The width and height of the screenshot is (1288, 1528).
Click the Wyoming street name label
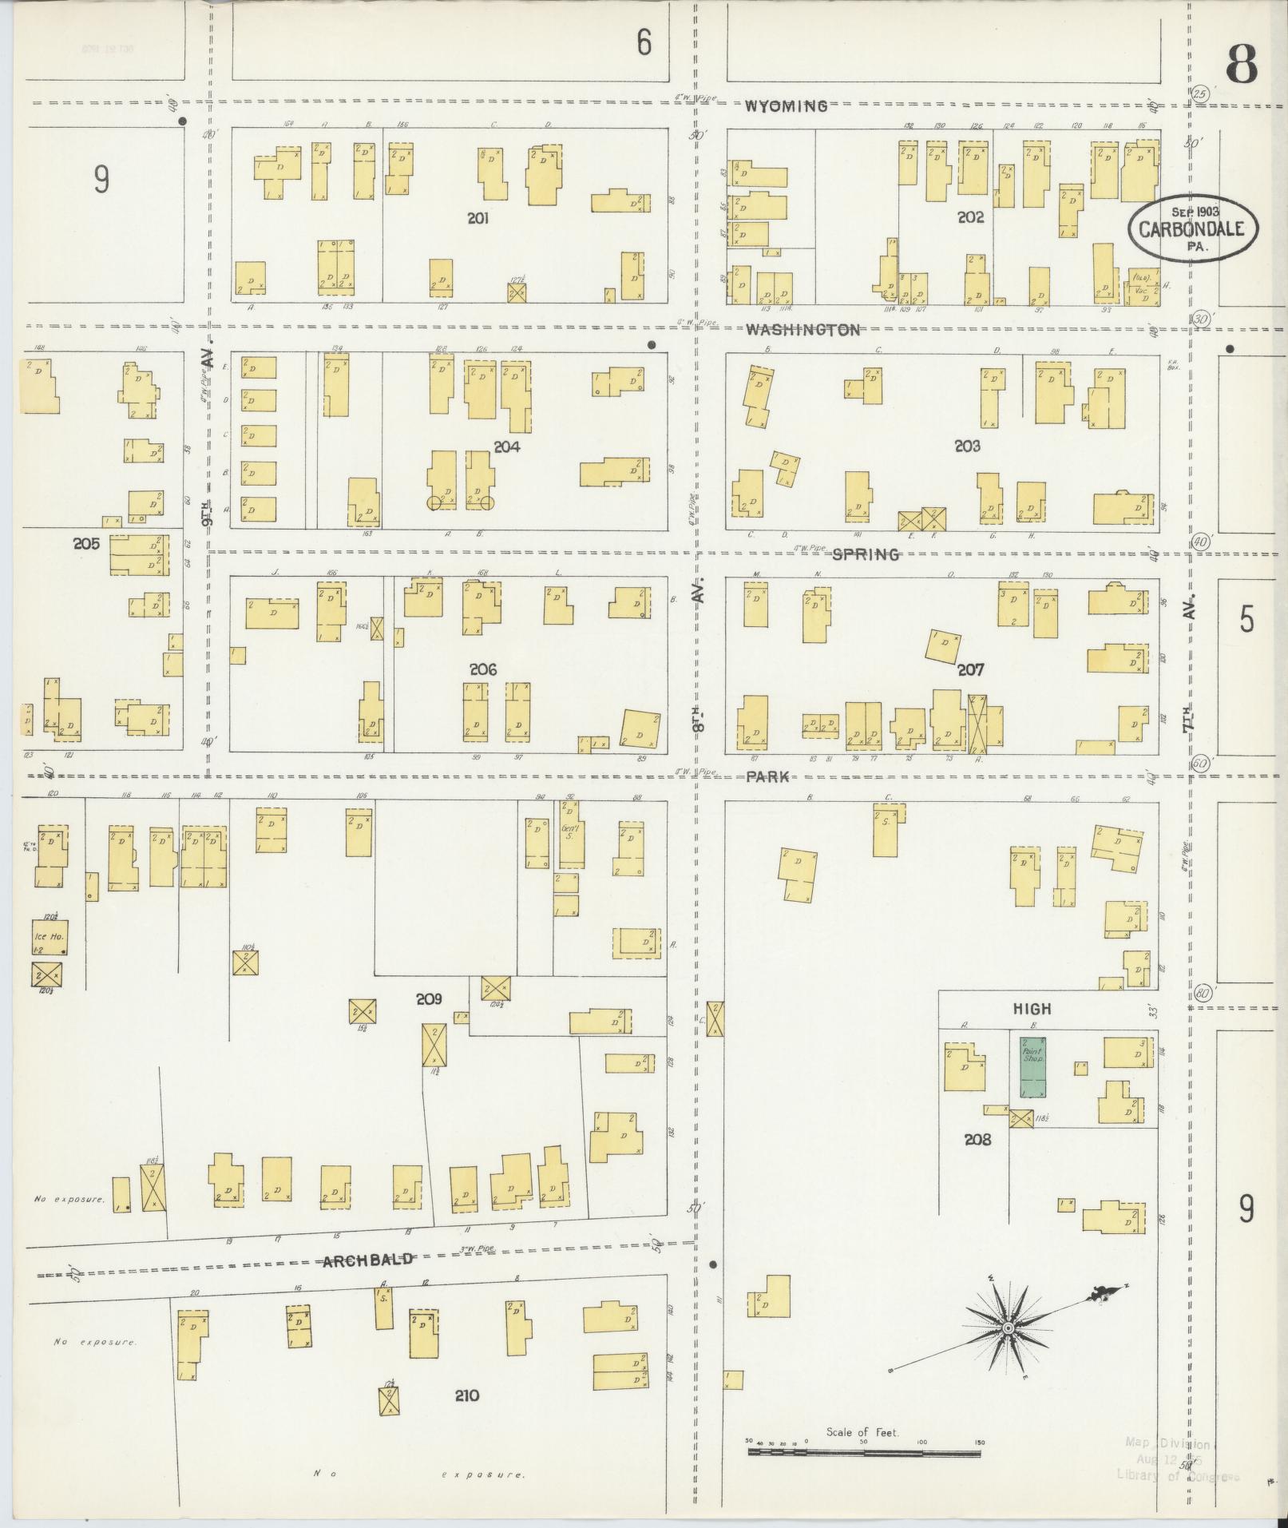pyautogui.click(x=786, y=106)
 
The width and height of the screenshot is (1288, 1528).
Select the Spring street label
pyautogui.click(x=866, y=554)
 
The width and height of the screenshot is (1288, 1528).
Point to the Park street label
pyautogui.click(x=767, y=776)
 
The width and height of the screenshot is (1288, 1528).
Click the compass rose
pyautogui.click(x=1009, y=1328)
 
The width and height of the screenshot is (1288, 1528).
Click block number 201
pyautogui.click(x=478, y=218)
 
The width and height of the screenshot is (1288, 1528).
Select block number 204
pyautogui.click(x=506, y=446)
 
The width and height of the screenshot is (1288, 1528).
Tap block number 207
pyautogui.click(x=970, y=669)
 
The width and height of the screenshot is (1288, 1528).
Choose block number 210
pyautogui.click(x=466, y=1395)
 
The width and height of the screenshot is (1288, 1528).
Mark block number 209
pyautogui.click(x=429, y=998)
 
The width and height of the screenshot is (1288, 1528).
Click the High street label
pyautogui.click(x=1032, y=1009)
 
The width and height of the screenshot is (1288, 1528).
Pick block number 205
pyautogui.click(x=85, y=543)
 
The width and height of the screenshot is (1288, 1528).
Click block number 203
pyautogui.click(x=967, y=446)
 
